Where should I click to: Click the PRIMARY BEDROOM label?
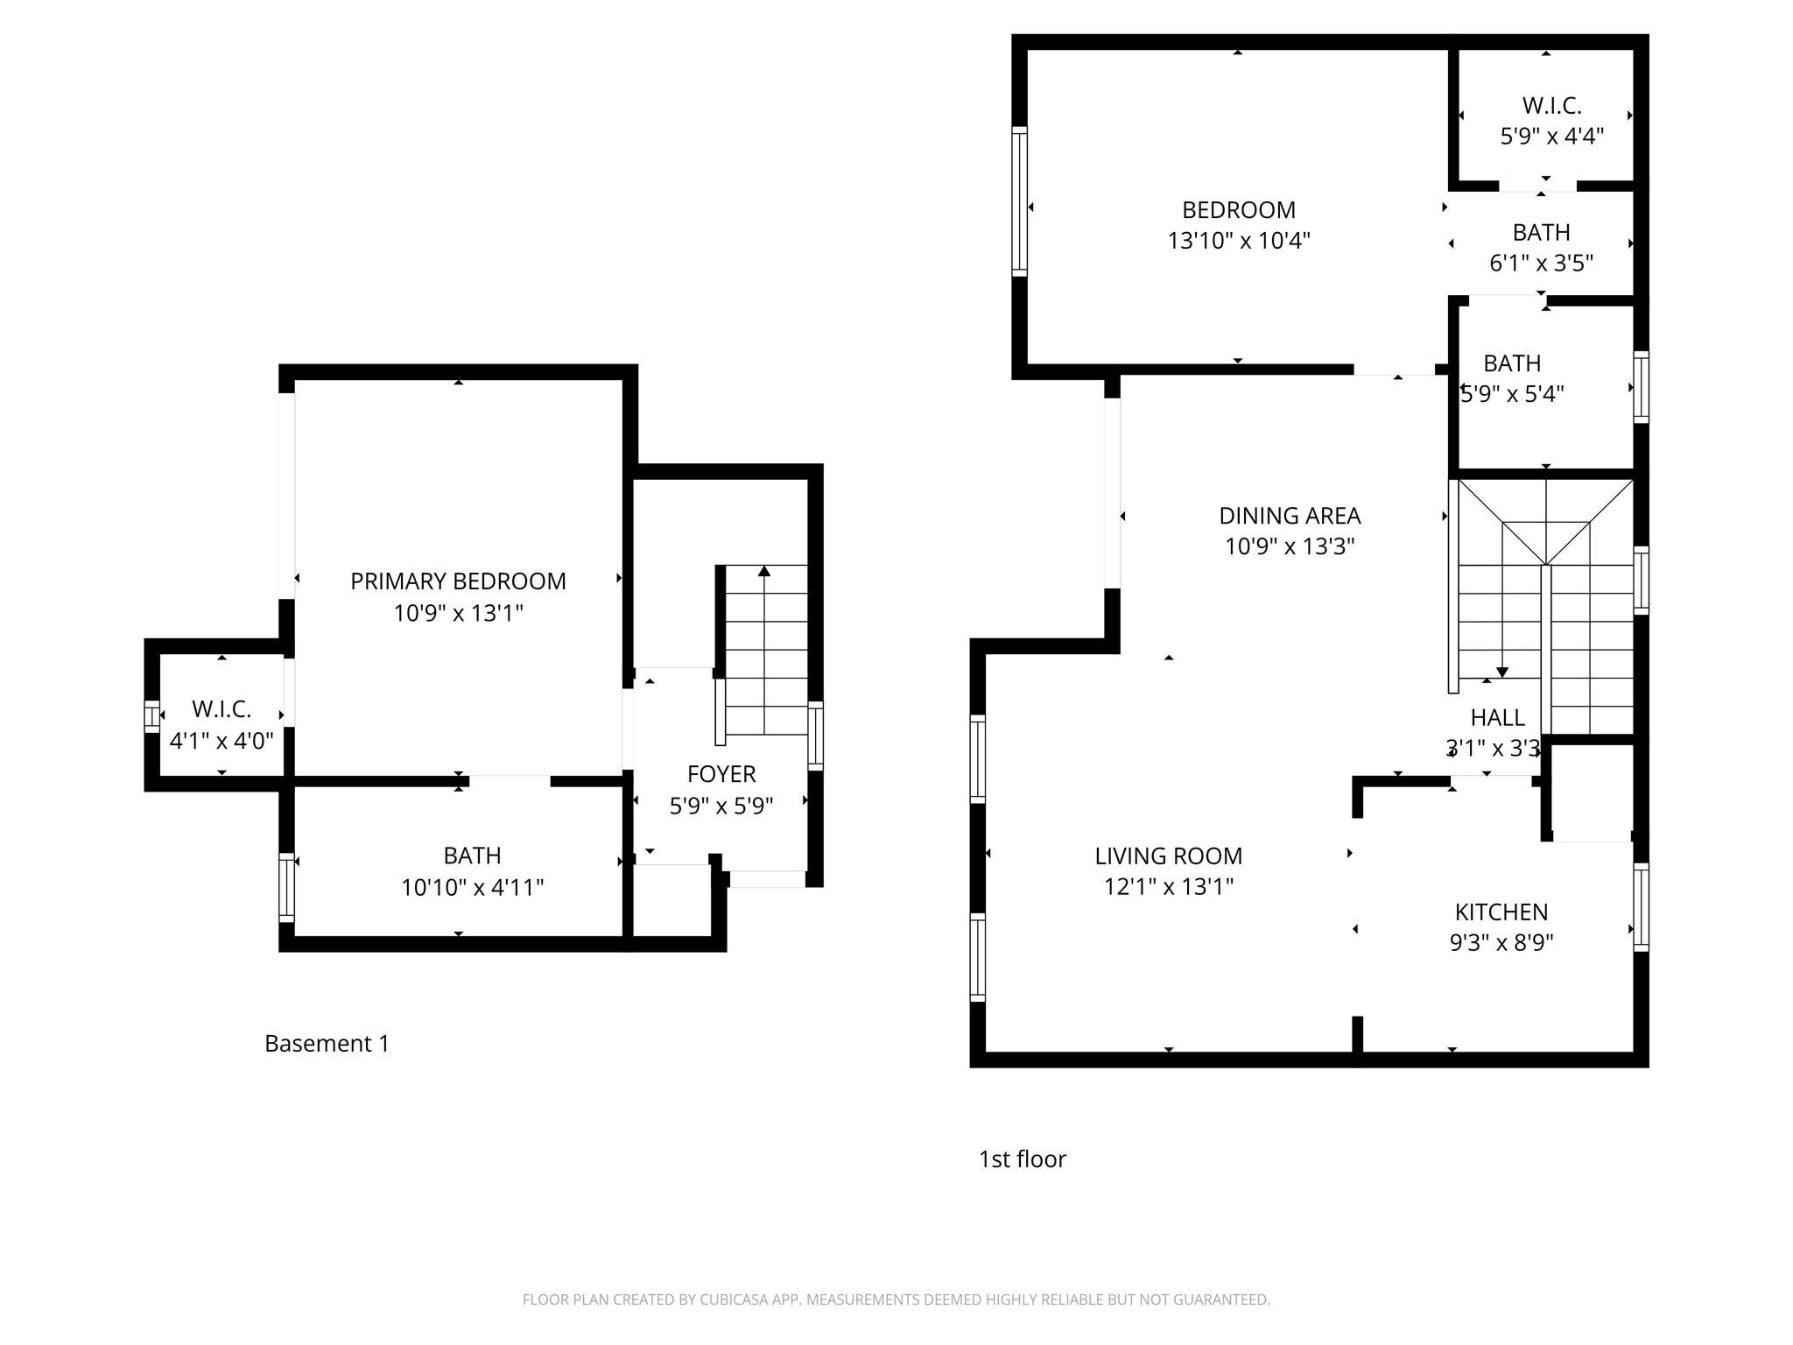point(458,581)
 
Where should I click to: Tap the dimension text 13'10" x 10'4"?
point(1238,241)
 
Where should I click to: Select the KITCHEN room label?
point(1501,912)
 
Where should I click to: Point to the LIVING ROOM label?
point(1168,856)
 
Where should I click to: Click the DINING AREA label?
point(1290,516)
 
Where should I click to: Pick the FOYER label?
point(721,774)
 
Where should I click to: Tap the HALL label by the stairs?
point(1497,718)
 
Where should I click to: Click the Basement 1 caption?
point(327,1044)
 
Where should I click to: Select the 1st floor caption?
point(1022,1159)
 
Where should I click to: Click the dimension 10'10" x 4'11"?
point(472,888)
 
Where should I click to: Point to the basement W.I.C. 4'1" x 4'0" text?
point(221,741)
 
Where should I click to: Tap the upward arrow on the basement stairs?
point(764,572)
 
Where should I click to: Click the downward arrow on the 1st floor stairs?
point(1502,672)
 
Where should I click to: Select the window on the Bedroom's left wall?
point(1019,201)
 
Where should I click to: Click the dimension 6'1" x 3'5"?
point(1541,263)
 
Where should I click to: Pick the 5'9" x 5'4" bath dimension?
point(1512,394)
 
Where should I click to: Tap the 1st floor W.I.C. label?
point(1551,106)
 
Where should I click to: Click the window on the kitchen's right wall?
point(1642,907)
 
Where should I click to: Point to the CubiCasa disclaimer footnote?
point(896,1299)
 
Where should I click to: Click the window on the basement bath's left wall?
point(286,887)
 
